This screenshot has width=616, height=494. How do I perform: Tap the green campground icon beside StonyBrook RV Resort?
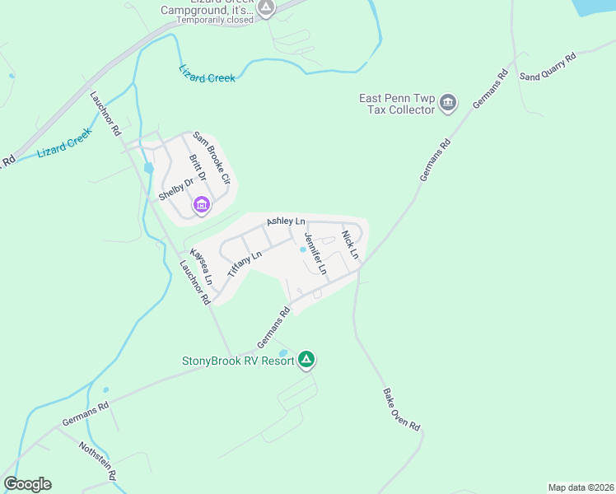pyautogui.click(x=306, y=359)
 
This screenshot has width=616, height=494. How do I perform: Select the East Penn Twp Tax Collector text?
pyautogui.click(x=396, y=103)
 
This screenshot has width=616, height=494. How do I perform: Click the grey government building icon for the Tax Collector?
pyautogui.click(x=448, y=103)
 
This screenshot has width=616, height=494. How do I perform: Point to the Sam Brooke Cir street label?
pyautogui.click(x=211, y=157)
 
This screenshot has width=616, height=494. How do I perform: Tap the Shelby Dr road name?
pyautogui.click(x=175, y=189)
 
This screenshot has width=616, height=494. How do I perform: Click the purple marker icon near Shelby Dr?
pyautogui.click(x=201, y=204)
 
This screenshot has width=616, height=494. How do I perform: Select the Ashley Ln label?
pyautogui.click(x=286, y=222)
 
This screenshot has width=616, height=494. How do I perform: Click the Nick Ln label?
pyautogui.click(x=351, y=245)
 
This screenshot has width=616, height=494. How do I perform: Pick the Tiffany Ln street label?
pyautogui.click(x=244, y=265)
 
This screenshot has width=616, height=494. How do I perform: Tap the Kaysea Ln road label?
pyautogui.click(x=202, y=267)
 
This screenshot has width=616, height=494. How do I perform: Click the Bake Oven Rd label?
pyautogui.click(x=402, y=409)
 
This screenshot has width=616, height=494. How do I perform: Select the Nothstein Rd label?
pyautogui.click(x=98, y=461)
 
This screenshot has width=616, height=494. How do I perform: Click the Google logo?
pyautogui.click(x=28, y=484)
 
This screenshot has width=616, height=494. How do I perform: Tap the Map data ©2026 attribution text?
pyautogui.click(x=581, y=487)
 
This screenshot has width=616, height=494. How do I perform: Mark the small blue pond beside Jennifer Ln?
pyautogui.click(x=302, y=250)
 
